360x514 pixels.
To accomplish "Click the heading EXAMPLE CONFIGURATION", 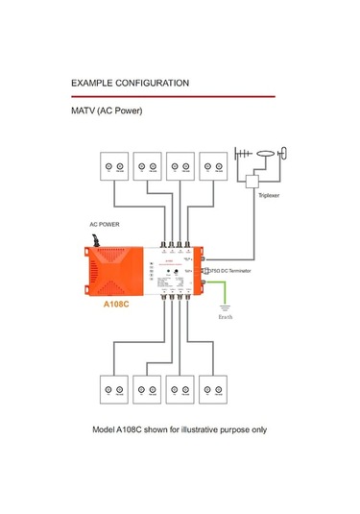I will pos(129,84).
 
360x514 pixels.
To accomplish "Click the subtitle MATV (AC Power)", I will pos(107,111).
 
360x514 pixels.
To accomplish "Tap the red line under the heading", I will pos(173,96).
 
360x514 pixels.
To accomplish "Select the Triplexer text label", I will pos(268,194).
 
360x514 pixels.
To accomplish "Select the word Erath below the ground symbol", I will pos(226,316).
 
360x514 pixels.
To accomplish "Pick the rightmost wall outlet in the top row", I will pos(213,166).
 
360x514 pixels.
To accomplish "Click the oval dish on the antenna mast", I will pos(282,151).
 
